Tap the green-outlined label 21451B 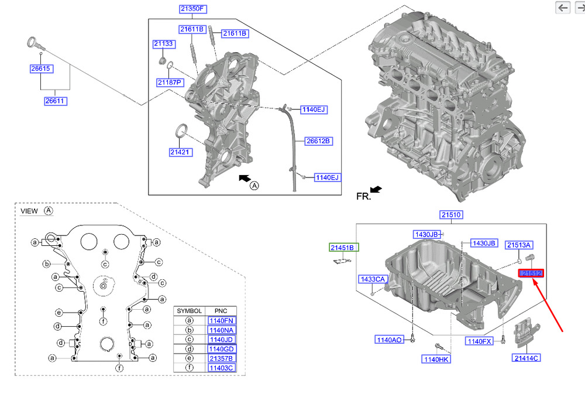pyautogui.click(x=343, y=248)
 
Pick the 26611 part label pyautogui.click(x=56, y=101)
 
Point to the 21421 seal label pyautogui.click(x=181, y=152)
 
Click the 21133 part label pyautogui.click(x=164, y=44)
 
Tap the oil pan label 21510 pyautogui.click(x=452, y=215)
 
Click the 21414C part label pyautogui.click(x=526, y=358)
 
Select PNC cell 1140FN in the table pyautogui.click(x=222, y=320)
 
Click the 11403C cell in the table pyautogui.click(x=222, y=367)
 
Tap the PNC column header pyautogui.click(x=221, y=311)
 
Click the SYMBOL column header pyautogui.click(x=190, y=311)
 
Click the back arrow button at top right pyautogui.click(x=563, y=7)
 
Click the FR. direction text pyautogui.click(x=363, y=197)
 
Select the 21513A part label pyautogui.click(x=519, y=245)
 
